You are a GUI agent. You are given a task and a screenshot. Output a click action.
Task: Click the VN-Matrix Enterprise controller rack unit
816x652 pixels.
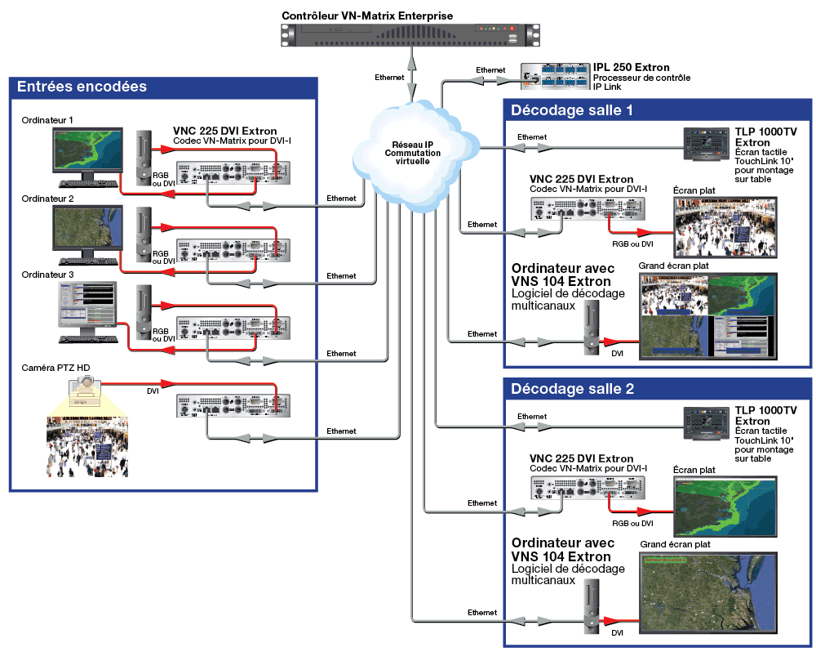pyautogui.click(x=410, y=35)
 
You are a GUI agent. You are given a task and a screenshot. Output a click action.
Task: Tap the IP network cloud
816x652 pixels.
pyautogui.click(x=415, y=155)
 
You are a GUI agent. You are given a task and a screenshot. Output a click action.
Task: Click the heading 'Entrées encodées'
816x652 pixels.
pyautogui.click(x=82, y=87)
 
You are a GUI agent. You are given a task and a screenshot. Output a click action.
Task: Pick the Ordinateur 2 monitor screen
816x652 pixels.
pyautogui.click(x=88, y=228)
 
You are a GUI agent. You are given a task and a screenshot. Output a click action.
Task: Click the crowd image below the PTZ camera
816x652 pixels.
pyautogui.click(x=87, y=447)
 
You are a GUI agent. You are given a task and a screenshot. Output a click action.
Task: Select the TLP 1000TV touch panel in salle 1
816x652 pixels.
pyautogui.click(x=706, y=145)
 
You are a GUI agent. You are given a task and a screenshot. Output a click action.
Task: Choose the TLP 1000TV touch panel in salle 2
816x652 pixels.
pyautogui.click(x=706, y=424)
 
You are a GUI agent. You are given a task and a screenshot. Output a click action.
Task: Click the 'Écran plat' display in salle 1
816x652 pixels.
pyautogui.click(x=725, y=226)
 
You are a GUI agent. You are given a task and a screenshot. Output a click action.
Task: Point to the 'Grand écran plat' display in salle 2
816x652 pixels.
pyautogui.click(x=708, y=593)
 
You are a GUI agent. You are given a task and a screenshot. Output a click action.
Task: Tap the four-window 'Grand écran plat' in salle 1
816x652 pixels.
pyautogui.click(x=708, y=316)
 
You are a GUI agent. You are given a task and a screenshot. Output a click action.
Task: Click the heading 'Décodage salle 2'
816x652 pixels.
pyautogui.click(x=573, y=389)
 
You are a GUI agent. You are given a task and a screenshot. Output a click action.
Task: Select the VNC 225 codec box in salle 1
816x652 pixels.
pyautogui.click(x=588, y=208)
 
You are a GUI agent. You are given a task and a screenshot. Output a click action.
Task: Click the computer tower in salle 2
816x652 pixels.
pyautogui.click(x=591, y=607)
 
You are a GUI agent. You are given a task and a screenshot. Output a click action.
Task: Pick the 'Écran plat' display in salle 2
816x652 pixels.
pyautogui.click(x=725, y=506)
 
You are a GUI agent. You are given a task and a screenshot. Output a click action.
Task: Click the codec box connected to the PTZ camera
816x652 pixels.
pyautogui.click(x=233, y=406)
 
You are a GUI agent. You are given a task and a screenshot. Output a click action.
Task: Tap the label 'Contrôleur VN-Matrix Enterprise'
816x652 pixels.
pyautogui.click(x=367, y=16)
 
